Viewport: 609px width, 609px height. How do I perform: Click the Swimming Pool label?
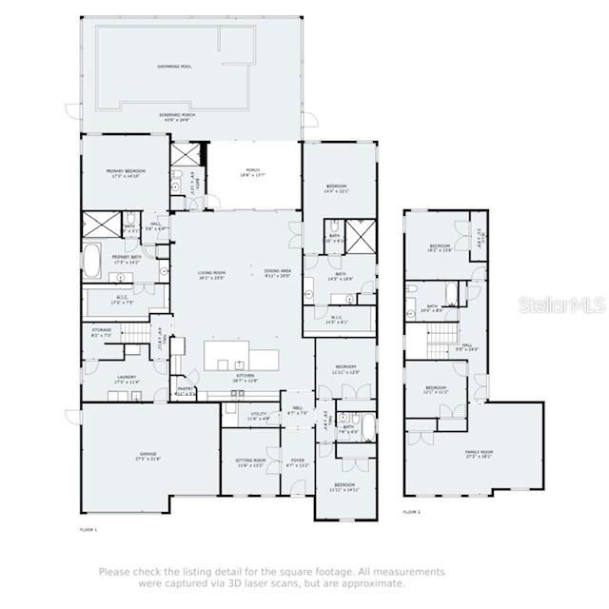(x=174, y=67)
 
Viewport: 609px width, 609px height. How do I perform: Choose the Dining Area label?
(x=278, y=273)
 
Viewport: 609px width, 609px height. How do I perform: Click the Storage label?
(x=101, y=332)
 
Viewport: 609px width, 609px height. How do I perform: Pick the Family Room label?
(x=479, y=453)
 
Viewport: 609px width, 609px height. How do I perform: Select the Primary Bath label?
(x=127, y=258)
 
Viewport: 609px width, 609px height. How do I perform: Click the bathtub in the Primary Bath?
(x=92, y=260)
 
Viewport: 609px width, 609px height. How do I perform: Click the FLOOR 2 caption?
(x=411, y=512)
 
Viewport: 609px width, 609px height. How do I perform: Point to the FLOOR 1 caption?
(x=88, y=528)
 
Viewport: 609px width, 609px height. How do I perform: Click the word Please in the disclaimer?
(x=113, y=572)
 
